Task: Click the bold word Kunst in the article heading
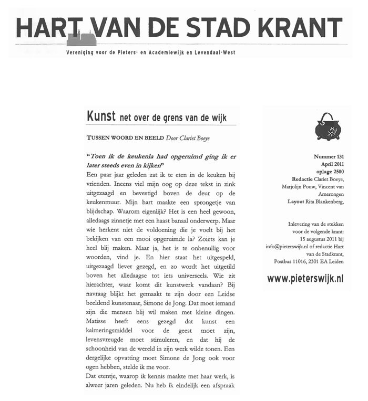point(100,117)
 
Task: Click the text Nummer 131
point(328,157)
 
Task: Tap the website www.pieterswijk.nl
point(305,279)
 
